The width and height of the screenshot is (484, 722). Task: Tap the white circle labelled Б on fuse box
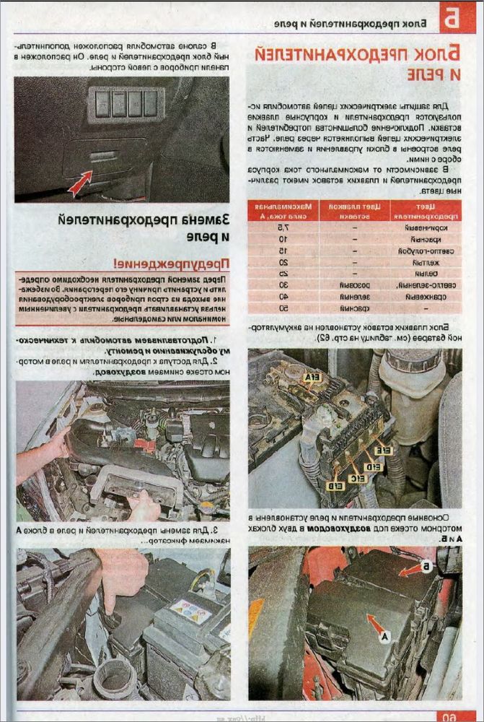426,567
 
